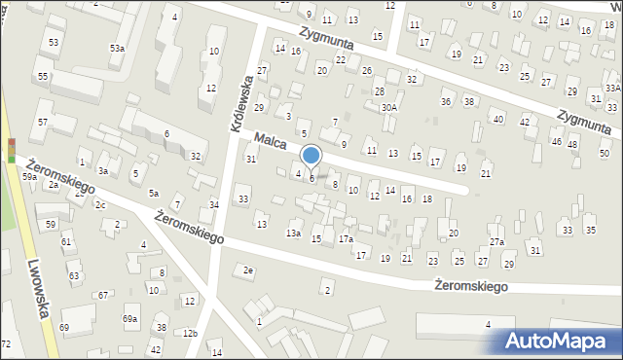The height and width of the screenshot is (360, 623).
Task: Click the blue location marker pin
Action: pyautogui.click(x=311, y=156)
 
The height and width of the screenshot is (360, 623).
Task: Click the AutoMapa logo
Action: pyautogui.click(x=562, y=341)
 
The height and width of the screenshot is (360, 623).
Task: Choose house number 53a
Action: pyautogui.click(x=117, y=48)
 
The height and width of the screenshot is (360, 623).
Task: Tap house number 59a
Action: pyautogui.click(x=30, y=177)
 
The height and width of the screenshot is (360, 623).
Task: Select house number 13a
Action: pyautogui.click(x=293, y=234)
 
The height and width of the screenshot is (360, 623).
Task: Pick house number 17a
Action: pyautogui.click(x=346, y=238)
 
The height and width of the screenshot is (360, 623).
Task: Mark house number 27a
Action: pyautogui.click(x=496, y=241)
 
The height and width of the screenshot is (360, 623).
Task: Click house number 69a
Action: pyautogui.click(x=129, y=318)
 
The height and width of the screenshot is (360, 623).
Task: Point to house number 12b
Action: pyautogui.click(x=190, y=334)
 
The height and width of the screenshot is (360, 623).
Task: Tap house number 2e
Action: pyautogui.click(x=249, y=270)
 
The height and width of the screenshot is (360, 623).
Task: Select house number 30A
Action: pyautogui.click(x=388, y=107)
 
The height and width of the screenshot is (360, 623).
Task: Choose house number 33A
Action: pyautogui.click(x=612, y=88)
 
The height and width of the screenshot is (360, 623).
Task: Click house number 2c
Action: pyautogui.click(x=100, y=204)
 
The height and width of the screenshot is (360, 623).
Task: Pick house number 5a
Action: pyautogui.click(x=153, y=193)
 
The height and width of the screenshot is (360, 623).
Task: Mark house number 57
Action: pyautogui.click(x=43, y=122)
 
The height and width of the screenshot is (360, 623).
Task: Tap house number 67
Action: pyautogui.click(x=103, y=295)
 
